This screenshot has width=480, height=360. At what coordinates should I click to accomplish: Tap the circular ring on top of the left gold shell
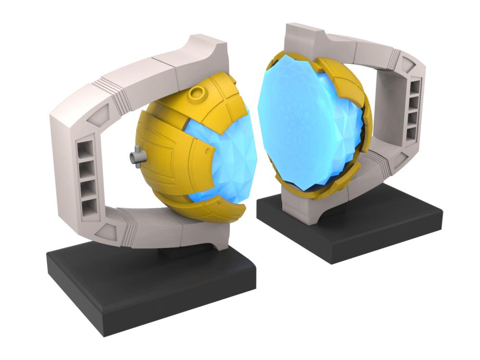click(198, 92)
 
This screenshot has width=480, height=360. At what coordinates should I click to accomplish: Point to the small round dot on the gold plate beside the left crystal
click(207, 151)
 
